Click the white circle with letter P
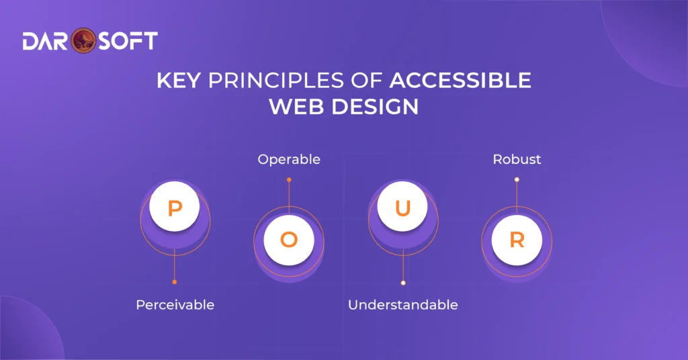coord(175,208)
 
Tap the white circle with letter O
coord(289,240)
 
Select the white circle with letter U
coord(402,208)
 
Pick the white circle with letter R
coord(517,240)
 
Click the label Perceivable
coord(175,305)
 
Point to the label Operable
coord(289,160)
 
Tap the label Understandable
coord(402,305)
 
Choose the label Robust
coord(517,160)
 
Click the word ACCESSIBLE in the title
coord(460,81)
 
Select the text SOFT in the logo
coord(128,41)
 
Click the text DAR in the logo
coord(46,41)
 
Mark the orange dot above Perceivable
coord(175,282)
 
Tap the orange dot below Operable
coord(289,180)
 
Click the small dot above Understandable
coord(402,283)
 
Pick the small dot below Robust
coord(517,179)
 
